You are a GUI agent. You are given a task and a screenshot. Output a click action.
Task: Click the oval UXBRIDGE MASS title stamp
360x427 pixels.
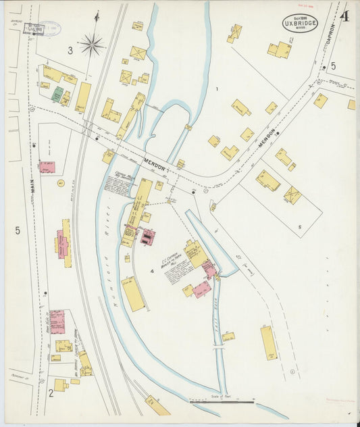tap(299, 23)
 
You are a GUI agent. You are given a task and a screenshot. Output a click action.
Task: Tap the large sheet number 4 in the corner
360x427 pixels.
tap(344, 16)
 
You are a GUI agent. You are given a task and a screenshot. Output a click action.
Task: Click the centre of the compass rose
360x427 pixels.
tap(91, 45)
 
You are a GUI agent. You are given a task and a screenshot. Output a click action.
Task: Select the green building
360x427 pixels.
tap(58, 94)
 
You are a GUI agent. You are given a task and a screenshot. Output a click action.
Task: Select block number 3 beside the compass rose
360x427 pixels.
tap(70, 50)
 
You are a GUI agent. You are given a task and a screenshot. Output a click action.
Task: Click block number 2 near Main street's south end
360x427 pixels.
tap(50, 392)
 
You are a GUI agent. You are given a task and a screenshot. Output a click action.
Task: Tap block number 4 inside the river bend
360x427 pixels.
tap(153, 272)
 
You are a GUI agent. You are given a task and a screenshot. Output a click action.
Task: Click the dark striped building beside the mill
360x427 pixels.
tap(146, 236)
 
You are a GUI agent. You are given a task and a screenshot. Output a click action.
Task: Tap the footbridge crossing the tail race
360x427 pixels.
tap(217, 345)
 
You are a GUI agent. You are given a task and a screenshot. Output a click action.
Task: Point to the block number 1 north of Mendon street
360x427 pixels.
tap(217, 89)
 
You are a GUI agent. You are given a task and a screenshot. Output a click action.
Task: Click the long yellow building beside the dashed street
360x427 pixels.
tap(269, 343)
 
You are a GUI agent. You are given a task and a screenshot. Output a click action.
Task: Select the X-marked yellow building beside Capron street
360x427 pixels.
tap(292, 195)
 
